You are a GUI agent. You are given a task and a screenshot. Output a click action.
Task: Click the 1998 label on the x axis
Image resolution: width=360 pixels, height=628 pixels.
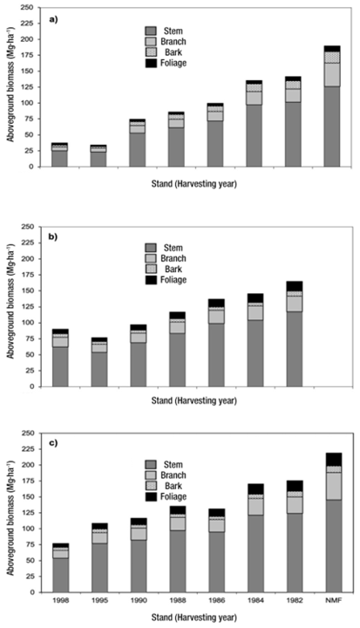coord(59,600)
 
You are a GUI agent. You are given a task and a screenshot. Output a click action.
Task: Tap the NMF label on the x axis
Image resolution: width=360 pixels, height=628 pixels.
coord(333,600)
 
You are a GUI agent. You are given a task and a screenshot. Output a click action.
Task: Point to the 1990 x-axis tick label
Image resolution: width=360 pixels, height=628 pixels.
coord(138,600)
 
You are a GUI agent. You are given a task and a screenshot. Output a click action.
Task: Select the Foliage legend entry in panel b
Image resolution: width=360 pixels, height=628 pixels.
coord(177,281)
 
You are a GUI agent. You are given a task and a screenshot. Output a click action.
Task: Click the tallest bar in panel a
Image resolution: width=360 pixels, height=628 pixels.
coord(333,109)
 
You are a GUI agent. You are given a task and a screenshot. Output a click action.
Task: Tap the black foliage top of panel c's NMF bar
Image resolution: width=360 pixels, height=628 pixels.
coord(333,460)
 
